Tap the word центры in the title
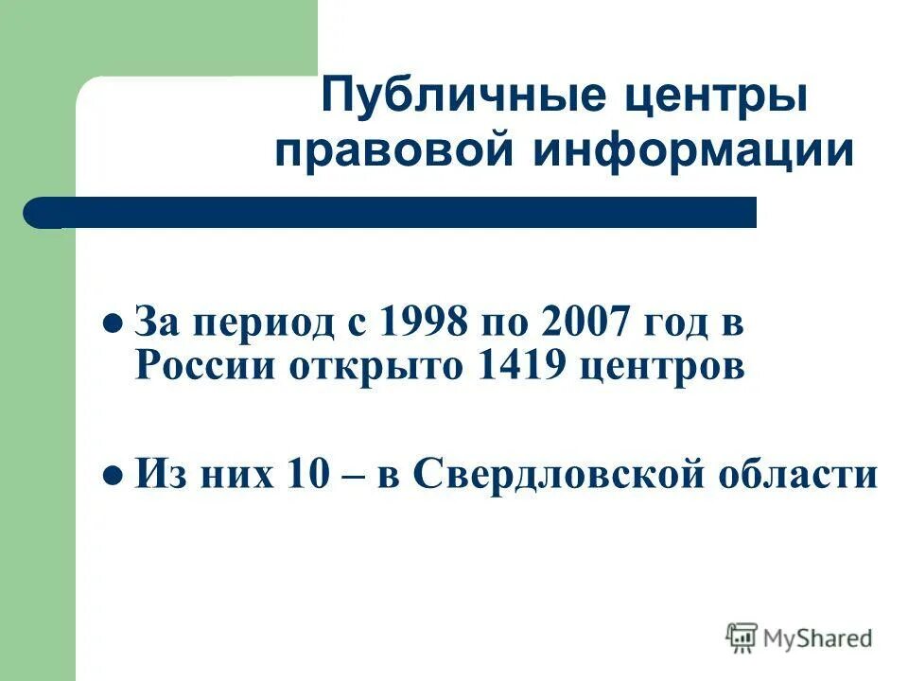click(x=703, y=99)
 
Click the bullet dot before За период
click(x=111, y=323)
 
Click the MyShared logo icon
click(x=742, y=638)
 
